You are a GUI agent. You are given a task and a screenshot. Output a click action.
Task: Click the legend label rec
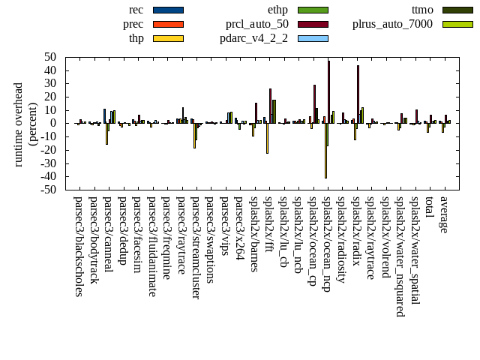point(136,10)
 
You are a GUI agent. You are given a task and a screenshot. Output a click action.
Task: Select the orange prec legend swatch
point(168,24)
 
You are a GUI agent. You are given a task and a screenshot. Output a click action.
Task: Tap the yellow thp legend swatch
point(168,38)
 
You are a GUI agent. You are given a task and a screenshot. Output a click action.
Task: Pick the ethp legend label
point(277,10)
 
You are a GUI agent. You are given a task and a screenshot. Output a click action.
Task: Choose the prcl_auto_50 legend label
point(257,24)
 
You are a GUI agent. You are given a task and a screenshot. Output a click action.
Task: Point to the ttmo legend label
point(426,10)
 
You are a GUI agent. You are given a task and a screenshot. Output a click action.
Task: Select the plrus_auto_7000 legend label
point(392,24)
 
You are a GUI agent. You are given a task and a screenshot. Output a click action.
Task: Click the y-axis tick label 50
point(51,57)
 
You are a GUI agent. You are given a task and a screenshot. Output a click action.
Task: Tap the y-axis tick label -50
point(49,190)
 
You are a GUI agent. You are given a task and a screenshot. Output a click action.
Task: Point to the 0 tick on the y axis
point(55,123)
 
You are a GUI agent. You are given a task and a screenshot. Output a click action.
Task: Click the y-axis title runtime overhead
point(19,124)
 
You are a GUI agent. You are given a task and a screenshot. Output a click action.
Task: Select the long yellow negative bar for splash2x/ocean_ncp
point(325,150)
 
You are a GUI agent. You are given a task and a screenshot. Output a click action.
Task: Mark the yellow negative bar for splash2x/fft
point(267,138)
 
